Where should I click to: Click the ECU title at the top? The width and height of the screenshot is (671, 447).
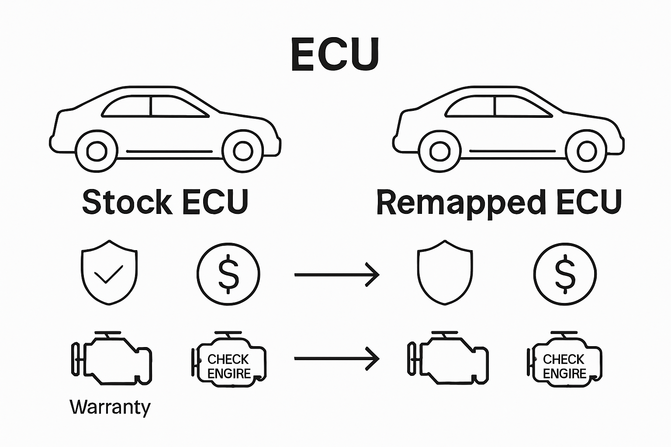(335, 55)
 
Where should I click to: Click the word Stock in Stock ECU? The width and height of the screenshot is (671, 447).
(127, 202)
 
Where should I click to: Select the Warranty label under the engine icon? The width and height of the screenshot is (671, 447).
(110, 407)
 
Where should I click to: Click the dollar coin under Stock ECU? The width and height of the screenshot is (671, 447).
(228, 274)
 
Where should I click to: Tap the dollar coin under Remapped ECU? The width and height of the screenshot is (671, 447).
(565, 274)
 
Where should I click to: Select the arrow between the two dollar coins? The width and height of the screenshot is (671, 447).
(336, 275)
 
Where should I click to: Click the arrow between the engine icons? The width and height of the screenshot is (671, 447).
(336, 358)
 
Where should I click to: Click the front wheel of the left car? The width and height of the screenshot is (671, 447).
(96, 151)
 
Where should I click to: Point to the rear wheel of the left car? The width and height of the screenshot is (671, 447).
(242, 151)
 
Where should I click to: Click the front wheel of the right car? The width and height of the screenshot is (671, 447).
(439, 151)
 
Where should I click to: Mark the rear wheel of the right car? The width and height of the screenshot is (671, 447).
(586, 151)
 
